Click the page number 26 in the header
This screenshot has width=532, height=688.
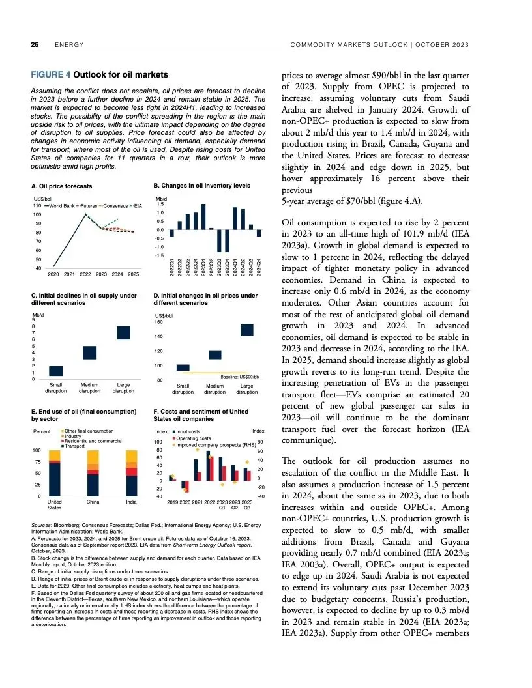[x=35, y=45]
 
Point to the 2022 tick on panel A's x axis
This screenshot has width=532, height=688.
[x=85, y=274]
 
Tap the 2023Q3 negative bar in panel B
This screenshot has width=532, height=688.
[x=219, y=240]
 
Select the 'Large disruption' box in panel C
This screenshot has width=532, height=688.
[x=124, y=332]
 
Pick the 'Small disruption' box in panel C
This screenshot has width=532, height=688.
[x=56, y=371]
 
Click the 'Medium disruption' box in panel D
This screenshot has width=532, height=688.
[x=215, y=354]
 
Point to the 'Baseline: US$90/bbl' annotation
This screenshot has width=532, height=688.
[x=240, y=377]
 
